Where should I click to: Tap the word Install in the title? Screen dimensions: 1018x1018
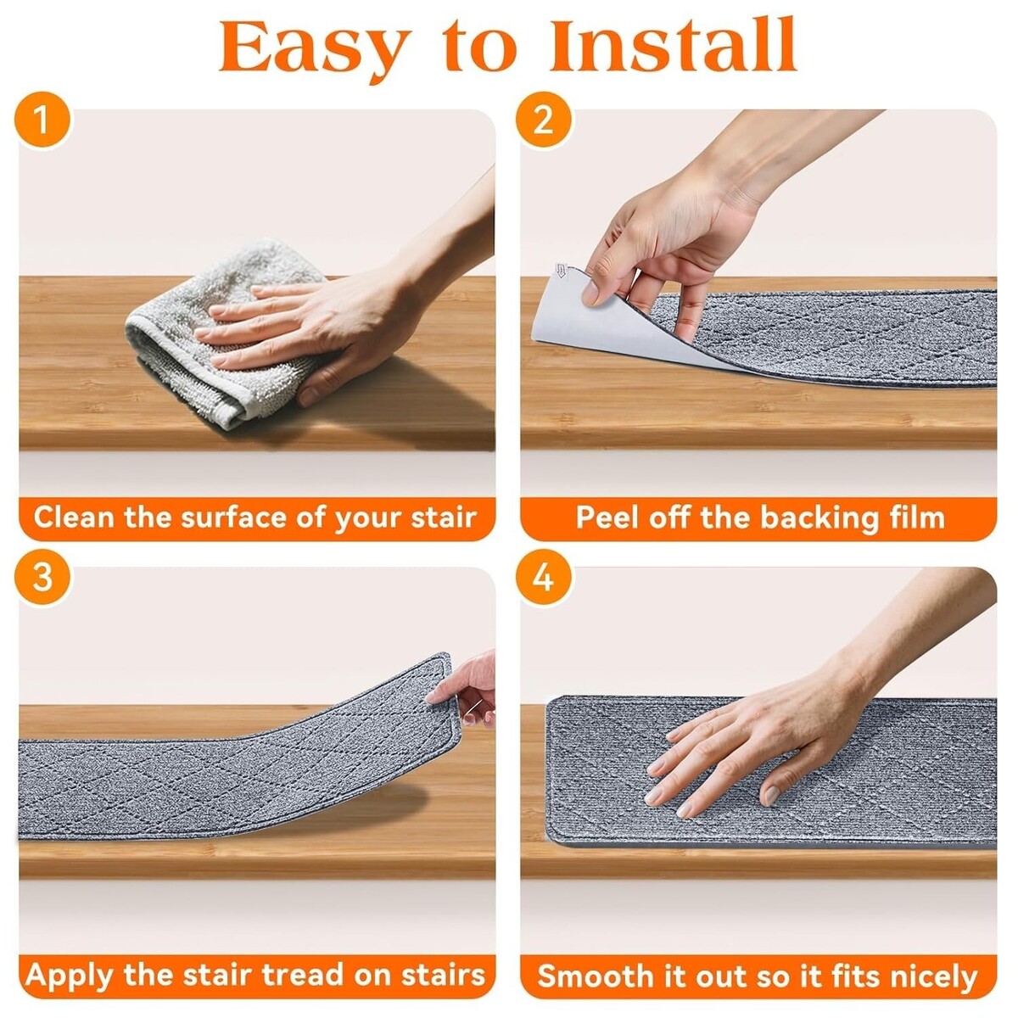point(673,44)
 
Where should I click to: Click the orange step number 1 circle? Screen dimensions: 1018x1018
point(42,120)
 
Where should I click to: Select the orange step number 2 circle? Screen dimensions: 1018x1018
point(544,120)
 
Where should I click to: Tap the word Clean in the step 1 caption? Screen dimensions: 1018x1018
point(75,517)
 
